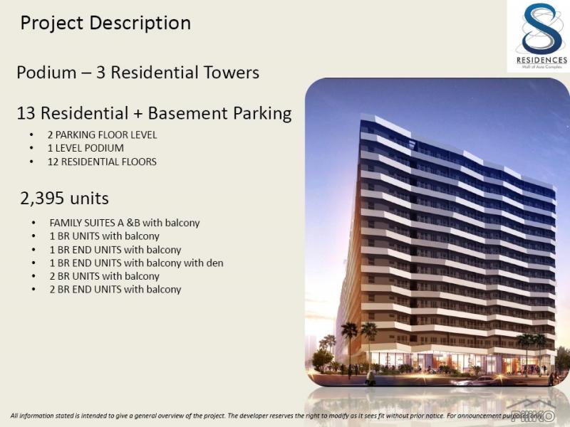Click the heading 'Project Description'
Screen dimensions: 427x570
(x=105, y=23)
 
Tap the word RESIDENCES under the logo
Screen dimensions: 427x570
(x=539, y=60)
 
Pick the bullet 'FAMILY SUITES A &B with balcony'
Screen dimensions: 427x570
(x=125, y=223)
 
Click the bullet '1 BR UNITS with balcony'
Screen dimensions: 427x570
(x=104, y=236)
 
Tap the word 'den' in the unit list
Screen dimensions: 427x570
(x=214, y=263)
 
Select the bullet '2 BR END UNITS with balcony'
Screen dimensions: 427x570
(x=115, y=290)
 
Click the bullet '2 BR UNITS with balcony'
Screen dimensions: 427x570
(x=104, y=276)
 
